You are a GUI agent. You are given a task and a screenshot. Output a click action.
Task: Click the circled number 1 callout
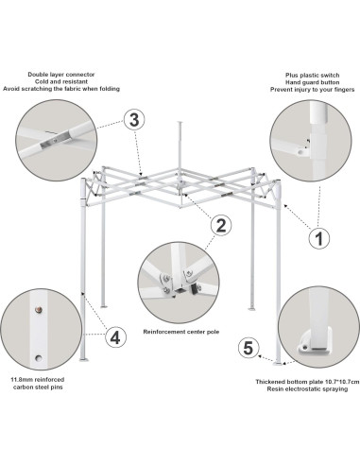click(319, 238)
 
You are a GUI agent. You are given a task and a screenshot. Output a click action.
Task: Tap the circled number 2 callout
click(221, 225)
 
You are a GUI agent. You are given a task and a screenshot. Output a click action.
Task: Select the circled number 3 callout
click(134, 120)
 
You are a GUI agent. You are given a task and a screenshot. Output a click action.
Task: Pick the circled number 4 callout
click(115, 337)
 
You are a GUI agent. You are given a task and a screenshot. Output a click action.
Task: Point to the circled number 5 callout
click(249, 348)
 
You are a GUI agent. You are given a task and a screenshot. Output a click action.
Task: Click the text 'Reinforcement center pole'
click(181, 332)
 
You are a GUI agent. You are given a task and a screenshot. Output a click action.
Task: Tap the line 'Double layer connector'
click(61, 75)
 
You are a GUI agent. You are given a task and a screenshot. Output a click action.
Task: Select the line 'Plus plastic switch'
click(313, 76)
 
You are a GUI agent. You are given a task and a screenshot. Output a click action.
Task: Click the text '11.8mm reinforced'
click(38, 380)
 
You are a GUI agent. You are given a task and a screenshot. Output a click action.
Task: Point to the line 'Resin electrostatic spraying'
click(307, 389)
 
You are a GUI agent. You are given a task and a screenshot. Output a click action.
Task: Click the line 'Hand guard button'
click(313, 82)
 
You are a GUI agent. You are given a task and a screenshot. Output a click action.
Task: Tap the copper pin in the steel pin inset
click(39, 310)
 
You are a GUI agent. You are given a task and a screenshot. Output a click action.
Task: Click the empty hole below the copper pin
click(39, 358)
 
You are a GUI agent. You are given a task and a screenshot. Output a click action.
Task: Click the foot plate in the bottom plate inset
click(315, 342)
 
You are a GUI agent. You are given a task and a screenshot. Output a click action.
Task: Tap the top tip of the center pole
click(180, 122)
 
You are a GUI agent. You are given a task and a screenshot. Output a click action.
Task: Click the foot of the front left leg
click(85, 359)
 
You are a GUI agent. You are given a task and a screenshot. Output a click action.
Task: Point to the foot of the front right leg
click(279, 364)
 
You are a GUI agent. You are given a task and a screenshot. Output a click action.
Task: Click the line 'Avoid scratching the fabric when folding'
click(61, 89)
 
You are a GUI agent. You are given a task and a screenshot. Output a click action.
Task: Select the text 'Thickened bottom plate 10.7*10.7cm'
click(307, 382)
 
